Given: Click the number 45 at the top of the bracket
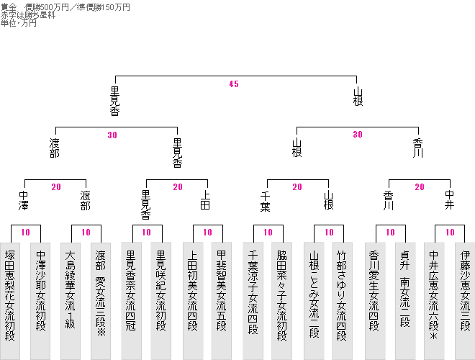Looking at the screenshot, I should tap(234, 84).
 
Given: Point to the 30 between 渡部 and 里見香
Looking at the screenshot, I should tap(112, 135).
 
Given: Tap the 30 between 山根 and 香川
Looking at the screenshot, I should tap(358, 135).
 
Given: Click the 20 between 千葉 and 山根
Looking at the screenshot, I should tap(297, 187).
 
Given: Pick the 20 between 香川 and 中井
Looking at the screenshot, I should tap(420, 187).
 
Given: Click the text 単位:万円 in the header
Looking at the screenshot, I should tap(19, 23).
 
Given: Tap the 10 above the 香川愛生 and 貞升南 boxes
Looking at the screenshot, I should tap(390, 233).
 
